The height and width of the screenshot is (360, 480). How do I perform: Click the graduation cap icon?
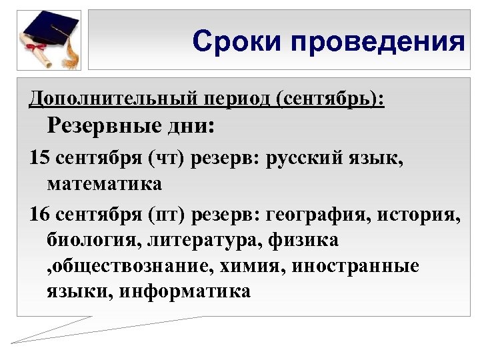click(x=50, y=30)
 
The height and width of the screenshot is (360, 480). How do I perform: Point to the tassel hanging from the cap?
click(x=73, y=50)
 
